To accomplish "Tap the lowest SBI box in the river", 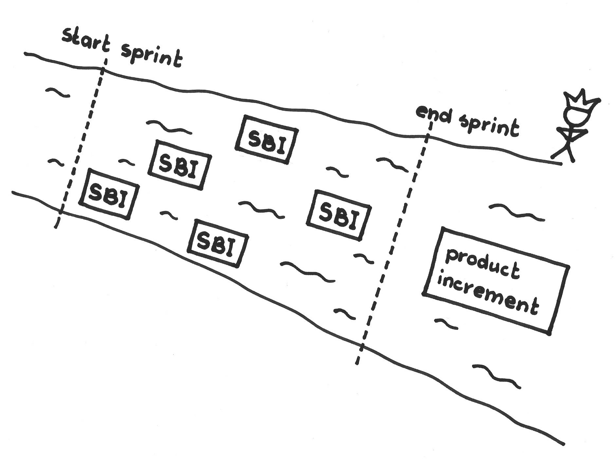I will tap(217, 243).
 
